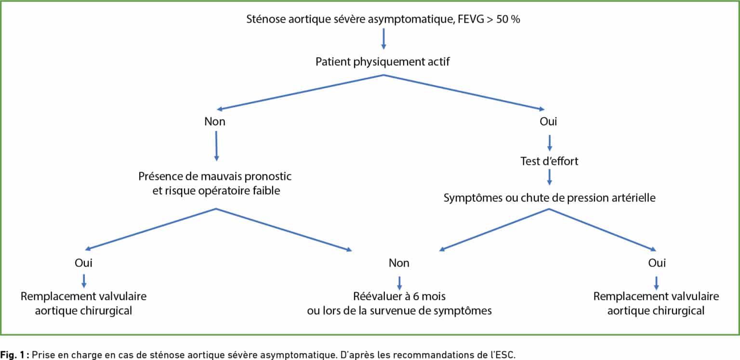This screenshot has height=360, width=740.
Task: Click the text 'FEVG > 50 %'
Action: (489, 19)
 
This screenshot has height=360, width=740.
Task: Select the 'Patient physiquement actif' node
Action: (383, 62)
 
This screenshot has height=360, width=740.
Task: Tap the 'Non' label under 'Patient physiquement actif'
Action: (215, 121)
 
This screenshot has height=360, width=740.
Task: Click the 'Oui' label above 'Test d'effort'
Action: (548, 121)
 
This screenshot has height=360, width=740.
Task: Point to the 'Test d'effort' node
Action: (549, 161)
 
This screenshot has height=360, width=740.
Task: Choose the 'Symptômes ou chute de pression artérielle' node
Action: (549, 198)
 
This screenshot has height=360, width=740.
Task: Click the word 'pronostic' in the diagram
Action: (268, 176)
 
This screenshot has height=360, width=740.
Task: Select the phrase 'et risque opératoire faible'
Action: (216, 191)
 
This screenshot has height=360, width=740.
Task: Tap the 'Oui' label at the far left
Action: (83, 263)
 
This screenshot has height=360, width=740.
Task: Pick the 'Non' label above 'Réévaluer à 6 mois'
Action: (399, 263)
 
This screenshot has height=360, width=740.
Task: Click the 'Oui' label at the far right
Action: (657, 263)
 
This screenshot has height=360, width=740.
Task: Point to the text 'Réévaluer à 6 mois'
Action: (399, 296)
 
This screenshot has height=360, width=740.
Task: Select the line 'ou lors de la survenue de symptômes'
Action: (399, 311)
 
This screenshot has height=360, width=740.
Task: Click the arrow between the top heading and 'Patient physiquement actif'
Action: (383, 39)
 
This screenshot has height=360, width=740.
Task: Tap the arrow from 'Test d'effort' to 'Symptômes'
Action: (549, 177)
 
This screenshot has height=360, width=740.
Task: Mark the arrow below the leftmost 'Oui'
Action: (84, 280)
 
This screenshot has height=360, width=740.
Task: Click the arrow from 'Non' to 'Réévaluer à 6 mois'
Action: (399, 283)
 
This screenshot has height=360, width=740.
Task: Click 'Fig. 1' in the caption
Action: (12, 355)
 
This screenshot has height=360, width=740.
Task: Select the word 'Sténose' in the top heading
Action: (266, 19)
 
